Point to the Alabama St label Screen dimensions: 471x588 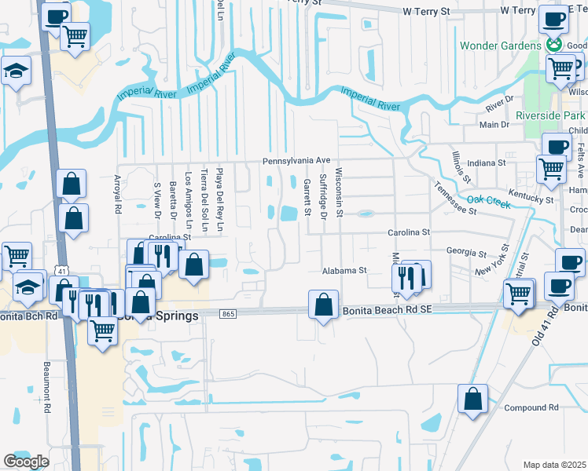click(x=344, y=271)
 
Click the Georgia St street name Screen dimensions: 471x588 click(x=465, y=253)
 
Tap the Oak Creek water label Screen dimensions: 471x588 click(x=489, y=202)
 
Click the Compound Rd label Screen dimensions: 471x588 click(x=531, y=408)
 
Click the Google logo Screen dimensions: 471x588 click(x=26, y=461)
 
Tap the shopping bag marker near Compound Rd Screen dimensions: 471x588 click(x=472, y=398)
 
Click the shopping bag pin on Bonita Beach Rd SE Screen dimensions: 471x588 click(x=324, y=304)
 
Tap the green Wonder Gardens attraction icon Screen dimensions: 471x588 click(x=555, y=46)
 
